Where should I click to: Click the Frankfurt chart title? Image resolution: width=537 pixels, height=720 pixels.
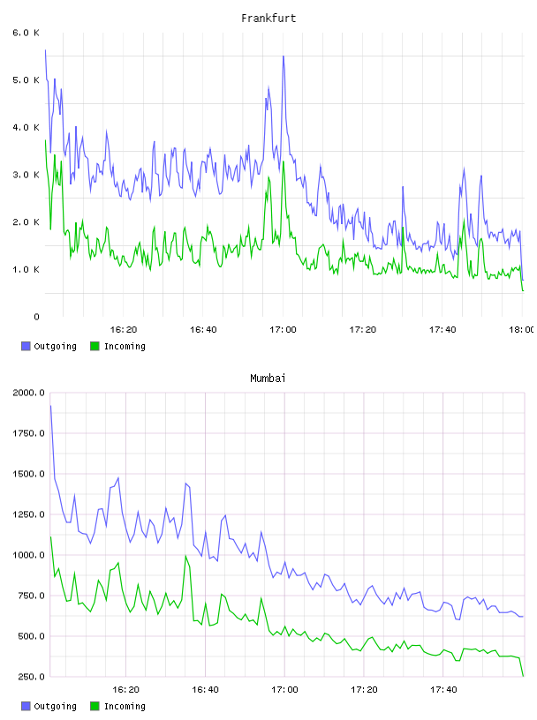coord(268,18)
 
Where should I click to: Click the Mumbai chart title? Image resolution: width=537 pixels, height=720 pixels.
coord(268,378)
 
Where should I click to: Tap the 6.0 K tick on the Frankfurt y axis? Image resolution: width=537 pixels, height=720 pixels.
coord(26,33)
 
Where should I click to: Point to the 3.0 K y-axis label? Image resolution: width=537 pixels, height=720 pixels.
coord(26,175)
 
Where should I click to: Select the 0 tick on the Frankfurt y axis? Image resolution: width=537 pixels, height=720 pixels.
coord(36,317)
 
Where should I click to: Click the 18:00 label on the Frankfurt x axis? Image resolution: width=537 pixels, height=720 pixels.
coord(521,329)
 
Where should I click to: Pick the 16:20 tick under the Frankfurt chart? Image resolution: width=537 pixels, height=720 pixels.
coord(124,329)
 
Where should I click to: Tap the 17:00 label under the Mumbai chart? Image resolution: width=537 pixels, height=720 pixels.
coord(284,689)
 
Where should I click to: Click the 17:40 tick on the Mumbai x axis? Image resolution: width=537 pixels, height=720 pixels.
coord(443,689)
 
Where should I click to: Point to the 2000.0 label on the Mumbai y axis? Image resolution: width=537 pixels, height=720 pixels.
coord(28,393)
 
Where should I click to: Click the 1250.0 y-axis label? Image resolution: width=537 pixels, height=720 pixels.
coord(28,514)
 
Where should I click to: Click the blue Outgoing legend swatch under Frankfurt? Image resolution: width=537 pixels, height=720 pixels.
coord(26,346)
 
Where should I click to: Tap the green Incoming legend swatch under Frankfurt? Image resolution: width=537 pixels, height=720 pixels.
coord(95,346)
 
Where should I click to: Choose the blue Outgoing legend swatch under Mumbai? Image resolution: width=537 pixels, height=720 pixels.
coord(26,706)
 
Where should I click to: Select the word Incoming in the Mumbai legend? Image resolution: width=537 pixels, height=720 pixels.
coord(125,706)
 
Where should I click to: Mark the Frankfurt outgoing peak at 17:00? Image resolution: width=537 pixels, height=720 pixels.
coord(284,56)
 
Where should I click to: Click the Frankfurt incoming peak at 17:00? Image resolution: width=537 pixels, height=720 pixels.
coord(284,161)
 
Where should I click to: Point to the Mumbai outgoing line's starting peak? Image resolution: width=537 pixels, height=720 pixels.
coord(50,406)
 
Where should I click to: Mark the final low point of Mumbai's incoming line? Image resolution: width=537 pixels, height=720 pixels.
coord(523,676)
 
